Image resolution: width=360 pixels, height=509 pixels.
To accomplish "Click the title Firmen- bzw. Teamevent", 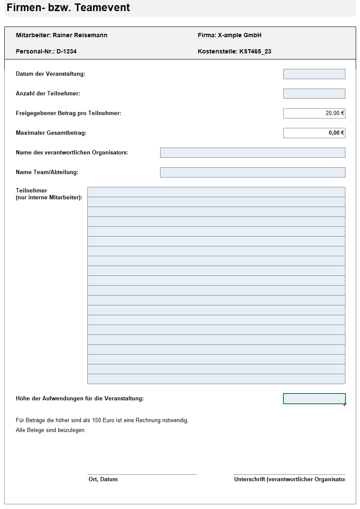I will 68,7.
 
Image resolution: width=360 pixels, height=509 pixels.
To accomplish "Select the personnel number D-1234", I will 66,52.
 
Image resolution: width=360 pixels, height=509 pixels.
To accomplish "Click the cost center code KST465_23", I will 255,52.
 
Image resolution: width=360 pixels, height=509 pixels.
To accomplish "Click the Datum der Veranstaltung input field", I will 314,74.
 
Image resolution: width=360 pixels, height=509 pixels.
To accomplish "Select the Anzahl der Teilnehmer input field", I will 314,94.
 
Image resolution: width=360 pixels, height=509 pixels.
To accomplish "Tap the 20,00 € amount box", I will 314,113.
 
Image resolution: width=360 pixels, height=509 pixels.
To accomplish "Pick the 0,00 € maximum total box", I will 314,133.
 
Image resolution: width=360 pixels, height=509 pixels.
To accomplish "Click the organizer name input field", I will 253,153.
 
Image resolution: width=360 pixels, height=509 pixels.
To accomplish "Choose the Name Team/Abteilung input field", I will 253,172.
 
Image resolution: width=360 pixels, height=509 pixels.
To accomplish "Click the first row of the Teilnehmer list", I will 216,192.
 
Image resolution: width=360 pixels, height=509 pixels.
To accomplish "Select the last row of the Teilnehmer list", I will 216,379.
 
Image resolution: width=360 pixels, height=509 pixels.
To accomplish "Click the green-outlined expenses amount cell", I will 314,399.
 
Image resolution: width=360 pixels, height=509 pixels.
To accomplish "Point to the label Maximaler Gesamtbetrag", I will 51,133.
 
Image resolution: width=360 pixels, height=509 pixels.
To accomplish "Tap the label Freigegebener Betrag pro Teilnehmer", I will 68,113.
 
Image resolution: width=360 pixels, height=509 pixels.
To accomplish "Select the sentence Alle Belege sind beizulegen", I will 51,430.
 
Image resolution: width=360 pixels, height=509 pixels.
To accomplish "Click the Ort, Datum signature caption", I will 103,479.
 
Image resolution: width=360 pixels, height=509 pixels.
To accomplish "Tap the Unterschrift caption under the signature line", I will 289,479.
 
